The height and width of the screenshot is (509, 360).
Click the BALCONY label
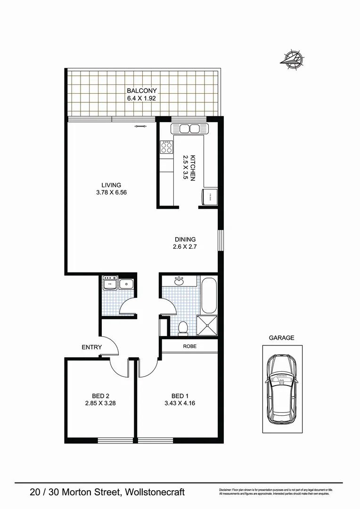[x=141, y=91]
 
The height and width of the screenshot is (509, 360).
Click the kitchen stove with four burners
[x=166, y=148]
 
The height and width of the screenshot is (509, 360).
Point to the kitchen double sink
[x=188, y=129]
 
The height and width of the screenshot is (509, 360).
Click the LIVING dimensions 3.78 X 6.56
[x=111, y=193]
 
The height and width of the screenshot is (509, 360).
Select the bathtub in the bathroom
[x=209, y=296]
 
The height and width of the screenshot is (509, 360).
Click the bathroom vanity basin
[x=179, y=281]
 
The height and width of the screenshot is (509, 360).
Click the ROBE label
[x=190, y=346]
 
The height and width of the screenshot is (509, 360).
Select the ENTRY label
[x=91, y=347]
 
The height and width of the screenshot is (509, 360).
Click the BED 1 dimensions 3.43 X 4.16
[x=177, y=403]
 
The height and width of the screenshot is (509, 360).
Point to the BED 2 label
[x=101, y=396]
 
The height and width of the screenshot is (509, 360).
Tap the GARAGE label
[x=281, y=338]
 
